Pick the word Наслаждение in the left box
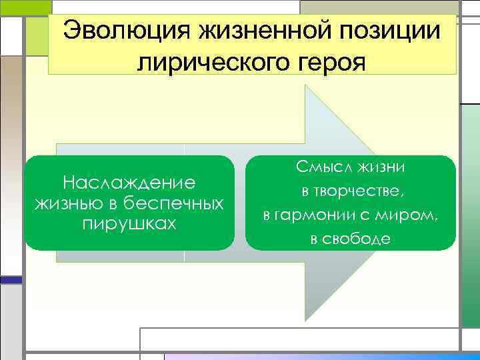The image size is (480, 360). coord(129,182)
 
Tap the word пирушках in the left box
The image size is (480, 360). coord(129,222)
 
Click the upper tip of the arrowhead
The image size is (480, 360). coord(306,85)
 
